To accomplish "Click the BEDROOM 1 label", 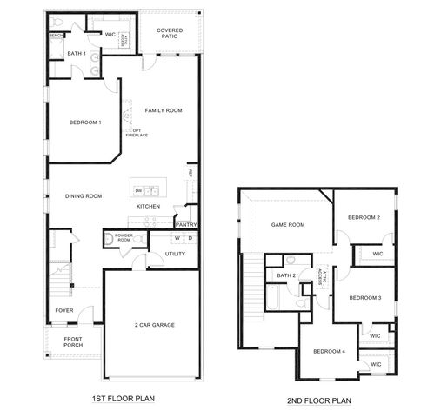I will pos(86,122).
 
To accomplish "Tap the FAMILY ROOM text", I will pos(163,110).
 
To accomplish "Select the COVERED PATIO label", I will pos(170,34).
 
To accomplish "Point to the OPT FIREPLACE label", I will pos(137,132).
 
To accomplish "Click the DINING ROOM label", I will pos(84,196).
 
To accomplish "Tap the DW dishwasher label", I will pos(137,190).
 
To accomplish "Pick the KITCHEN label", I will pos(148,206).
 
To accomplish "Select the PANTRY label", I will pos(186,224).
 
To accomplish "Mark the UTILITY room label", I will pos(177,254).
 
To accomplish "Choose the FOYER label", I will pos(64,309).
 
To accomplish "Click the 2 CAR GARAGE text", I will pos(154,325).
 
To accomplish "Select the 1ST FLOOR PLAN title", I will pos(124,399).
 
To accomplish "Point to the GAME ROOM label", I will pos(289,225).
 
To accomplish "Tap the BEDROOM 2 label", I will pos(364,217).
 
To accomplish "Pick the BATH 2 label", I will pos(287,275).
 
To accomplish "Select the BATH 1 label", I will pos(77,54).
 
